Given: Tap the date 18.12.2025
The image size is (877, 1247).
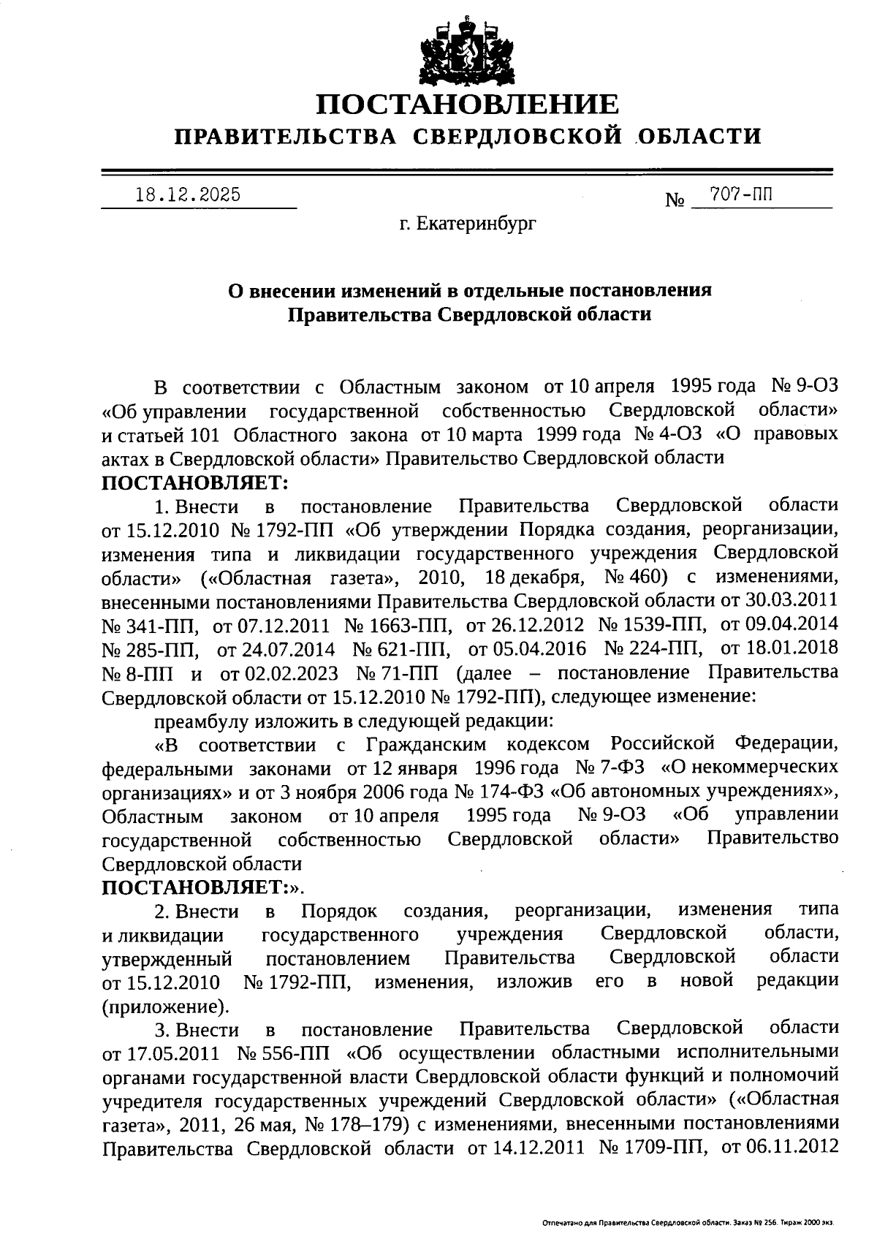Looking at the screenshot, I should click(189, 195).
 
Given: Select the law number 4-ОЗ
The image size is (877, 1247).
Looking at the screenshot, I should click(680, 434).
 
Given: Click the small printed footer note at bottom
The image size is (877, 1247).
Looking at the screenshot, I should click(688, 1222).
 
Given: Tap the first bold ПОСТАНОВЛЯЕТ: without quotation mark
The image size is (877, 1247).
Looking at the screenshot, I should click(195, 482).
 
